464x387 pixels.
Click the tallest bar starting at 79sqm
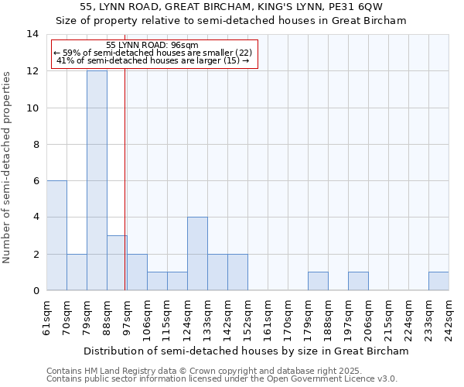click(97, 180)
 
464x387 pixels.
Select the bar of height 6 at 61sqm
click(56, 235)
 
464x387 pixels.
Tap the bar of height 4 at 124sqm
click(197, 254)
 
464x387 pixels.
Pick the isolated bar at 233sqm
click(438, 282)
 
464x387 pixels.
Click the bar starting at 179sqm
click(318, 282)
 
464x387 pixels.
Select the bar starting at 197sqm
click(358, 282)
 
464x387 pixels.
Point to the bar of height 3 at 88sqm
click(117, 263)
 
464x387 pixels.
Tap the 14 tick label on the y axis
click(32, 34)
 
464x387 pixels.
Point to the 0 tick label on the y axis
click(35, 291)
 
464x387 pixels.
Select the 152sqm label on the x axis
click(248, 317)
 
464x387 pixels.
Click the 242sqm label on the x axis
click(449, 317)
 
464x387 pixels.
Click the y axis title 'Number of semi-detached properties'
click(8, 166)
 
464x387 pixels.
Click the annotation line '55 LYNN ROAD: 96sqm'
click(152, 46)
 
